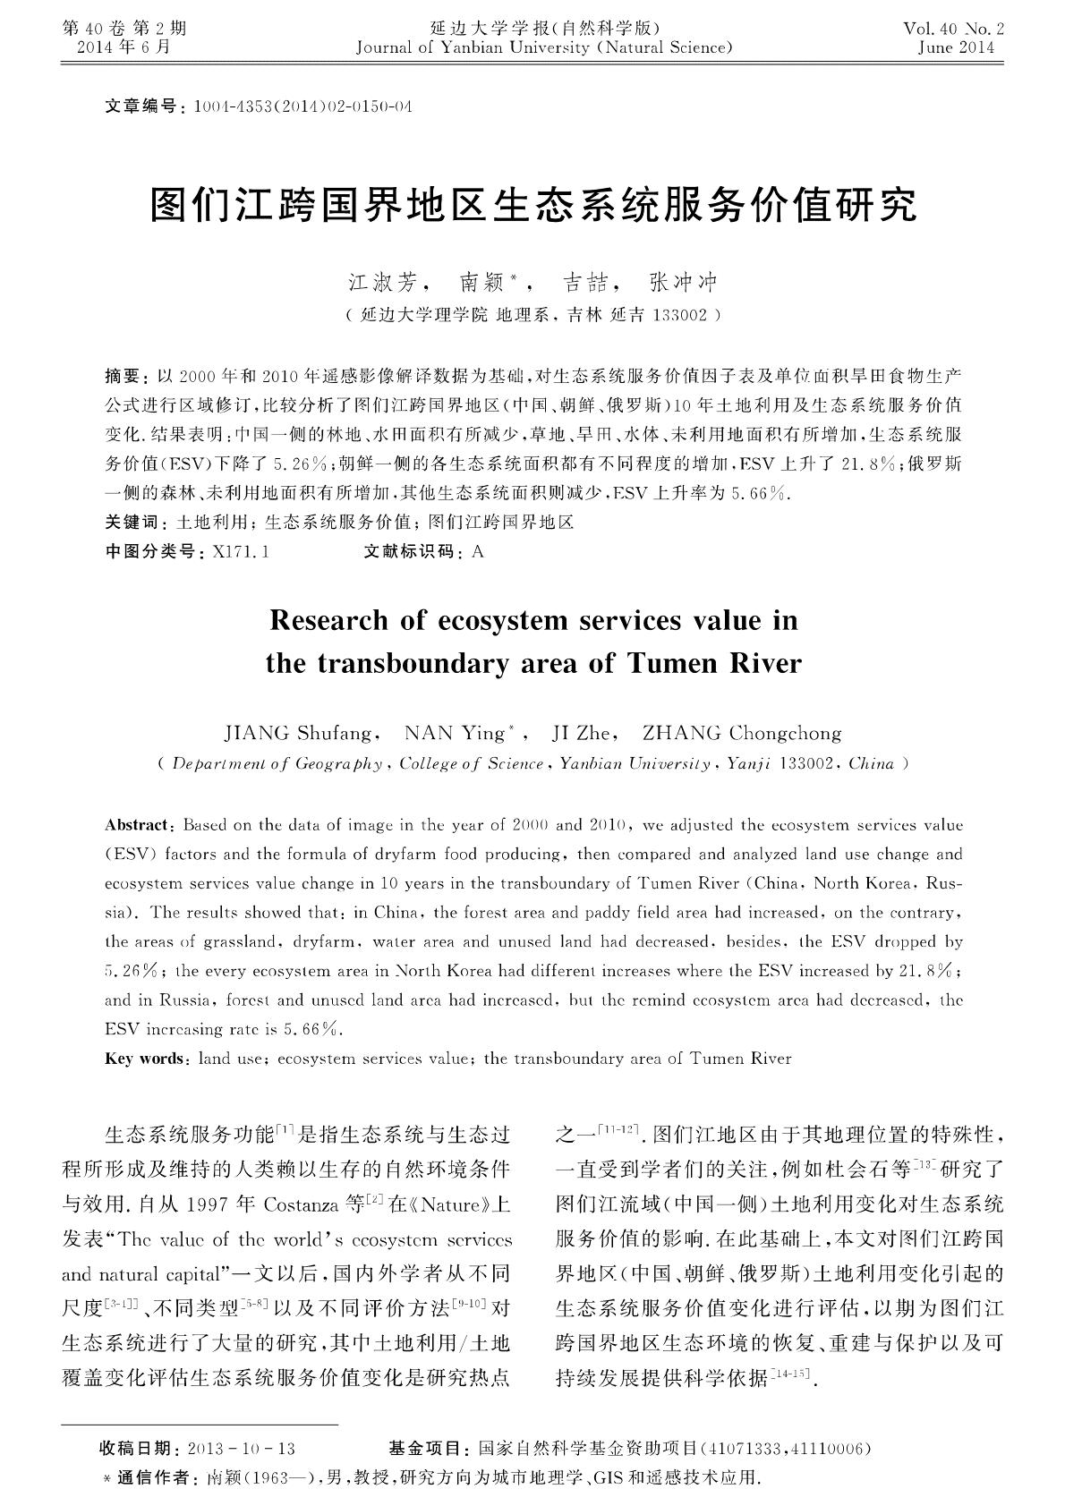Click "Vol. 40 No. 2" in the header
[x=954, y=30]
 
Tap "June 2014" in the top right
[x=956, y=48]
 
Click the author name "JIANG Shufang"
[x=298, y=734]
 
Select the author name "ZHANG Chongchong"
[x=742, y=734]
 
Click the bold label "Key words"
[x=143, y=1059]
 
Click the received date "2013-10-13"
[x=243, y=1449]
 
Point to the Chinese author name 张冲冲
[x=683, y=284]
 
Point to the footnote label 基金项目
[x=424, y=1449]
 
